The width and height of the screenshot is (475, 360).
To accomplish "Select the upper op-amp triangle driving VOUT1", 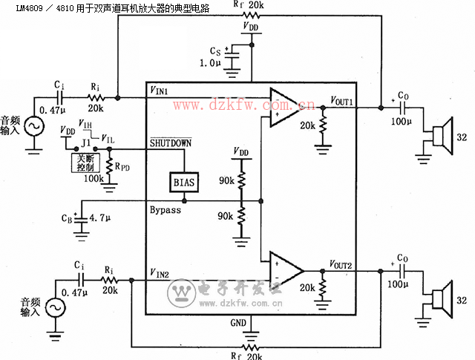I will (x=285, y=106).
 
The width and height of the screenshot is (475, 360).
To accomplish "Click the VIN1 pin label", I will (x=159, y=91).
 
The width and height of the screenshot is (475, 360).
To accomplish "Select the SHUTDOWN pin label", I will (x=171, y=143).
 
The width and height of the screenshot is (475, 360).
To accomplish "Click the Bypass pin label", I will (x=166, y=210).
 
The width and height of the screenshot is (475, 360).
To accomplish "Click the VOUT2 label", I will (x=342, y=265).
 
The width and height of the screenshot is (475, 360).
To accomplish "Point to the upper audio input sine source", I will (x=34, y=126).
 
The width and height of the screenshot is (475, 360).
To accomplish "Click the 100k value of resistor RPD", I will (x=93, y=178).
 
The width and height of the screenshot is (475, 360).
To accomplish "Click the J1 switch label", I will (x=85, y=141).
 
